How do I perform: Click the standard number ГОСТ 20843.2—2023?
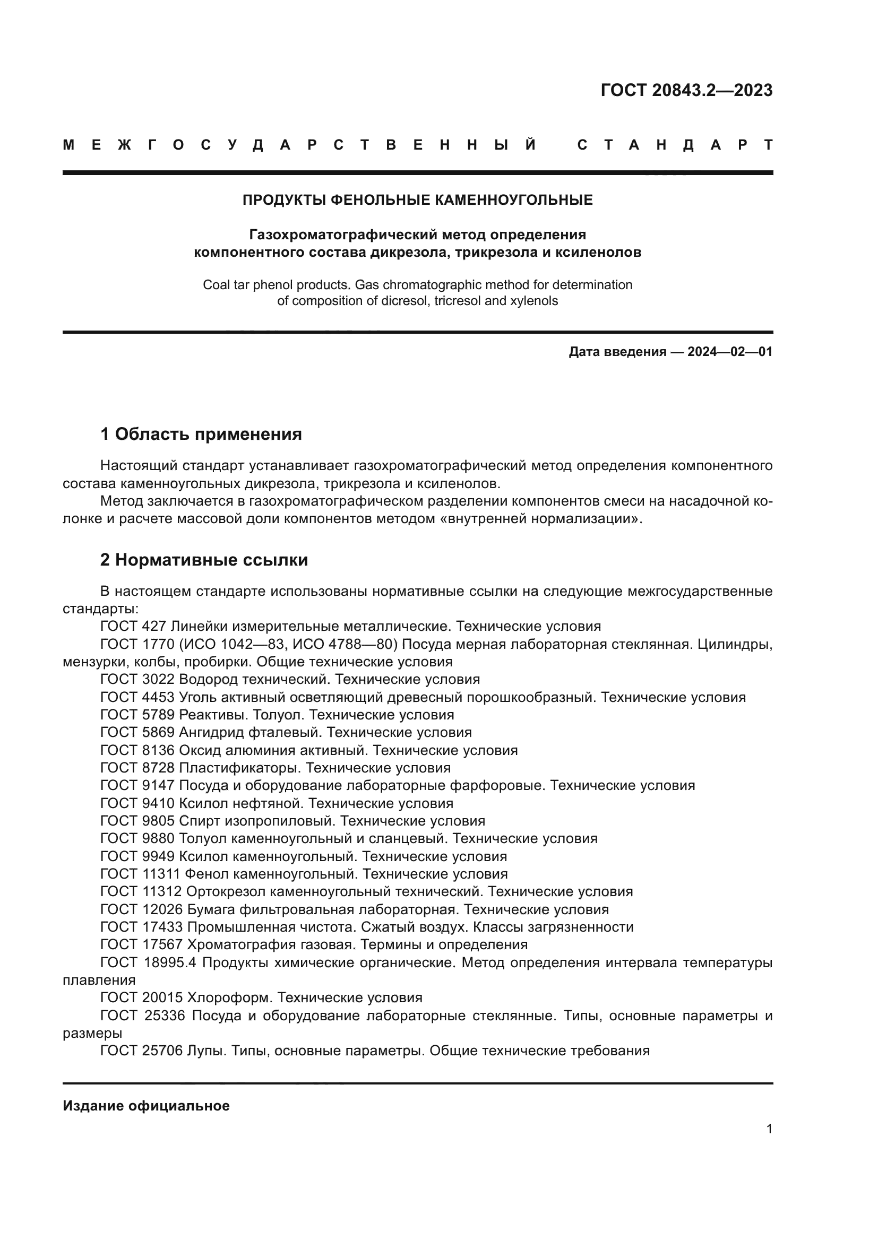pyautogui.click(x=686, y=90)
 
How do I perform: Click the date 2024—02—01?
pyautogui.click(x=729, y=352)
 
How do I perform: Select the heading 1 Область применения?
pyautogui.click(x=201, y=433)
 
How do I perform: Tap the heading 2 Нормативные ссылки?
pyautogui.click(x=204, y=559)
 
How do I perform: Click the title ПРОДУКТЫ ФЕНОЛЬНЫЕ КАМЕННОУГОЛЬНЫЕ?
pyautogui.click(x=417, y=200)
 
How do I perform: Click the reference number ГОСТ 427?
pyautogui.click(x=134, y=627)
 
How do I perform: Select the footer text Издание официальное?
pyautogui.click(x=146, y=1105)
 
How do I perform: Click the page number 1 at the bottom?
pyautogui.click(x=769, y=1129)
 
